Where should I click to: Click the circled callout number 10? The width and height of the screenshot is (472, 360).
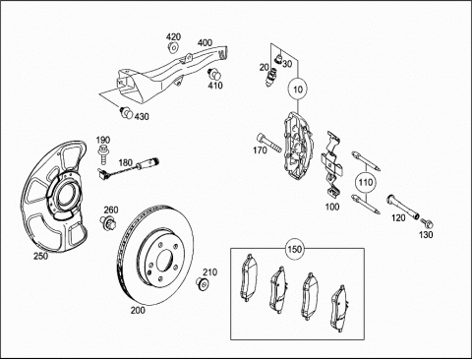[298, 90]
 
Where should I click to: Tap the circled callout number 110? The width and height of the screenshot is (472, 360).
[366, 182]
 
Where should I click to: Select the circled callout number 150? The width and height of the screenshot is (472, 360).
[294, 249]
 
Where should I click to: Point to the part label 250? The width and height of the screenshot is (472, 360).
[41, 256]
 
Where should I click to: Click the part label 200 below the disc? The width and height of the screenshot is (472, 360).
[138, 310]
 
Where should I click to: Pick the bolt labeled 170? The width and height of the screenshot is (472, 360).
[269, 143]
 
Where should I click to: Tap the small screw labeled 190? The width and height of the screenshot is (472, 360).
[103, 154]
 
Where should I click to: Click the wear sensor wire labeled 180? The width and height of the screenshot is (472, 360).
[129, 168]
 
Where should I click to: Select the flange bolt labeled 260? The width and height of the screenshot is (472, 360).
[107, 222]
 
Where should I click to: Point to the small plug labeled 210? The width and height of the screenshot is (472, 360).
[203, 282]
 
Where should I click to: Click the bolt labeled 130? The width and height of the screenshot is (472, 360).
[427, 223]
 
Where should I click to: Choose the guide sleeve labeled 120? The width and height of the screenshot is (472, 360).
[403, 207]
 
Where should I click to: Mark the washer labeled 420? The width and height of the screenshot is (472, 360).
[173, 47]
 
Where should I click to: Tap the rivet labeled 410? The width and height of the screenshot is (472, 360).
[214, 74]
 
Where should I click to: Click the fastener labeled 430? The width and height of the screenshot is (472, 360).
[126, 112]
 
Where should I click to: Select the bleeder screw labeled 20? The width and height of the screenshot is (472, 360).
[271, 79]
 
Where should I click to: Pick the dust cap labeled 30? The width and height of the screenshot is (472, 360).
[279, 58]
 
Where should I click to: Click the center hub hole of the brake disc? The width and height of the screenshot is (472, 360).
[165, 261]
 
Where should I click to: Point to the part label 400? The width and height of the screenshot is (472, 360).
[205, 43]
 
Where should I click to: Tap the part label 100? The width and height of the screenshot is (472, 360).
[332, 207]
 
